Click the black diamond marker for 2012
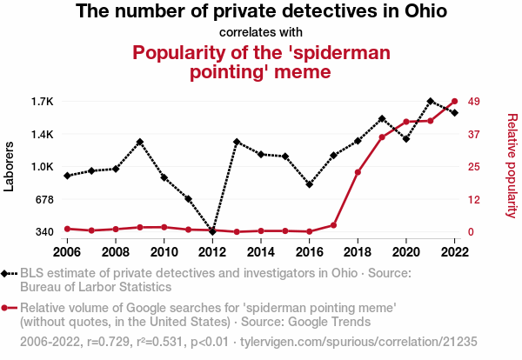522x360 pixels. point(212,231)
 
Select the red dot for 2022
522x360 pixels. point(455,101)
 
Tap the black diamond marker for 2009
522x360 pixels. point(139,142)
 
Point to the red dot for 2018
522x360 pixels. point(358,172)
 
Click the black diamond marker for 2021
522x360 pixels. point(431,101)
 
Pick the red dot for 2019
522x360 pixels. point(382,137)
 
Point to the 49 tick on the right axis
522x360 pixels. point(474,102)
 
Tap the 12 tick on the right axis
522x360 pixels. point(474,199)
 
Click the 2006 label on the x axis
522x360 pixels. point(67,251)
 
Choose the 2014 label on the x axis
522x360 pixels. point(261,251)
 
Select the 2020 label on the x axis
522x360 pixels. point(406,251)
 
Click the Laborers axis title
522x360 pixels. point(10,166)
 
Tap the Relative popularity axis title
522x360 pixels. point(512,165)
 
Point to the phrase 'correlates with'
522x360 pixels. point(261,33)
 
